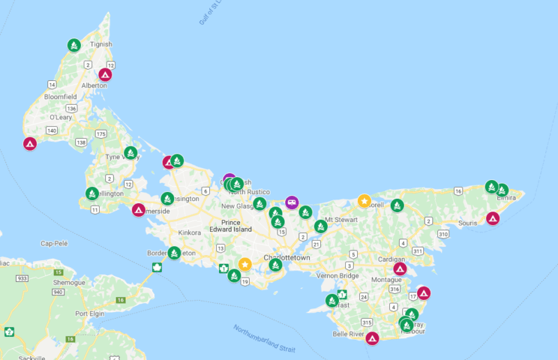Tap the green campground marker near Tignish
pyautogui.click(x=74, y=45)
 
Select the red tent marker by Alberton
pyautogui.click(x=105, y=75)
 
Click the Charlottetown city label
pyautogui.click(x=286, y=257)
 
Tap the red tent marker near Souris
pyautogui.click(x=492, y=218)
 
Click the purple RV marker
pyautogui.click(x=292, y=202)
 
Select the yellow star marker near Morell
pyautogui.click(x=364, y=201)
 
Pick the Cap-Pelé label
pyautogui.click(x=57, y=243)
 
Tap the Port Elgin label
pyautogui.click(x=90, y=313)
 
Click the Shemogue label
pyautogui.click(x=70, y=281)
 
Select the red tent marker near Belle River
pyautogui.click(x=372, y=338)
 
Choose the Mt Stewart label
pyautogui.click(x=340, y=219)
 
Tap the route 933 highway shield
pyautogui.click(x=23, y=278)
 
